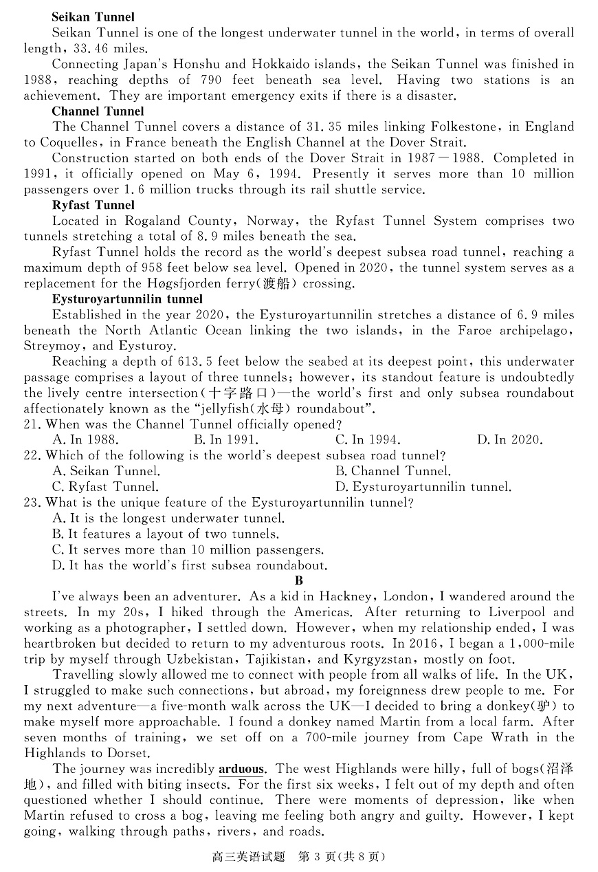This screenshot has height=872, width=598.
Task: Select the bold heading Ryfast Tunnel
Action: click(x=93, y=205)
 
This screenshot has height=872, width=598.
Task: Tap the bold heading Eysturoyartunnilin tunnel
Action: click(x=127, y=299)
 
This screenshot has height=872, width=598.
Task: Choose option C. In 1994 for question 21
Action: click(x=367, y=440)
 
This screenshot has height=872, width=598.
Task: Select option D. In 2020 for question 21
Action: click(x=509, y=440)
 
